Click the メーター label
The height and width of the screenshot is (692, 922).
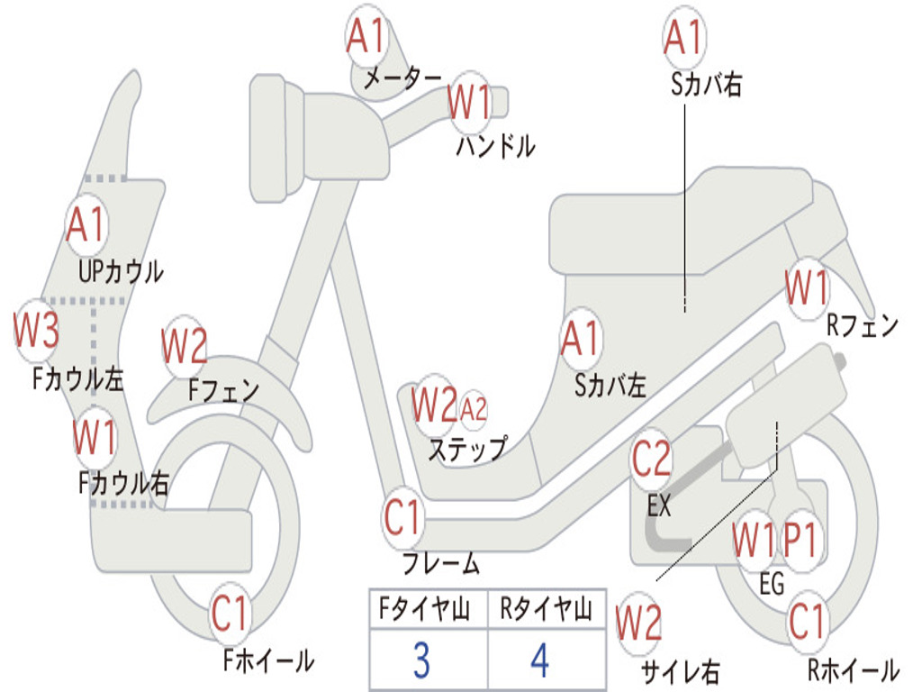[x=402, y=80]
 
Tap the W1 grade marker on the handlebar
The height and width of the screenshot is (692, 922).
[x=469, y=101]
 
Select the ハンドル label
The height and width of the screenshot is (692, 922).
[x=495, y=146]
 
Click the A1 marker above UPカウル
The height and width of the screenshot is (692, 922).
[x=86, y=224]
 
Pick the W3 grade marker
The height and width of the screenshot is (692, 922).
[x=37, y=331]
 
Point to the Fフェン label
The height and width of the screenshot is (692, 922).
[x=223, y=390]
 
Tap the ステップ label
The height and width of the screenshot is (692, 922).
[x=466, y=448]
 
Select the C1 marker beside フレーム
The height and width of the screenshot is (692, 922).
[x=402, y=518]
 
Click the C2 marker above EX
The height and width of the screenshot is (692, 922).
[x=651, y=460]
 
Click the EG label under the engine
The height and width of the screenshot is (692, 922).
[x=772, y=584]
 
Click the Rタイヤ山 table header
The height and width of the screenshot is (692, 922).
[x=546, y=611]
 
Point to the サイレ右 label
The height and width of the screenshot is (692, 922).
[x=680, y=669]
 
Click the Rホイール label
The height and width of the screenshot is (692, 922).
[x=852, y=669]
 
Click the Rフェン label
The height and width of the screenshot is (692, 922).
[x=863, y=325]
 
